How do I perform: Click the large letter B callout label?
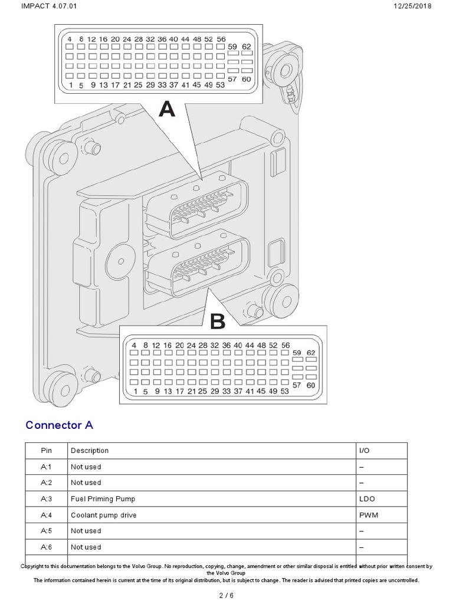(x=218, y=321)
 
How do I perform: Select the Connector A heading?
(x=59, y=425)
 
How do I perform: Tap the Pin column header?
(x=46, y=451)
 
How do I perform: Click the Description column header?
(x=90, y=451)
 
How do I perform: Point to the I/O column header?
(x=366, y=451)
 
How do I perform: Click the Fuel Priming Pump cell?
(x=103, y=499)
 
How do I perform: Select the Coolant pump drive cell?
(x=103, y=515)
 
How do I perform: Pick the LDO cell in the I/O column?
(x=367, y=499)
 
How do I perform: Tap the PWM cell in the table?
(x=368, y=515)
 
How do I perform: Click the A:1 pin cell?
(x=46, y=467)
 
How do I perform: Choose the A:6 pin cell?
(x=46, y=547)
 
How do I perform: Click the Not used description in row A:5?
(x=86, y=531)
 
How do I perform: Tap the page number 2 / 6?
(x=226, y=595)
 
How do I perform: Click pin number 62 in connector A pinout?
(x=247, y=46)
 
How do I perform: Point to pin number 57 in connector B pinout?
(x=297, y=385)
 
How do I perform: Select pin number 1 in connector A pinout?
(x=70, y=85)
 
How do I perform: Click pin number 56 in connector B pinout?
(x=285, y=345)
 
